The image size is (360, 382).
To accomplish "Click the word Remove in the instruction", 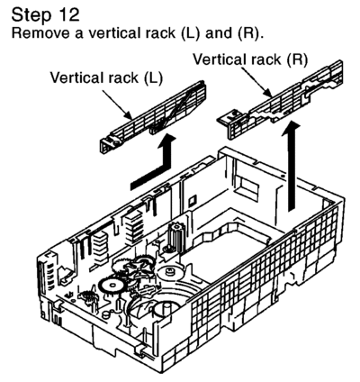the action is (40, 32).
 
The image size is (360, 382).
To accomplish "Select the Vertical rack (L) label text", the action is (106, 77).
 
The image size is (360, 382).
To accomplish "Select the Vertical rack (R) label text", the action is (250, 59).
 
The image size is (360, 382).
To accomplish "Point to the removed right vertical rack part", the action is (281, 100).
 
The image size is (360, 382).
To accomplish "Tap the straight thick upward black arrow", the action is (291, 166).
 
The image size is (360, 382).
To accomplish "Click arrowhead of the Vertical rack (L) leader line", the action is (130, 115).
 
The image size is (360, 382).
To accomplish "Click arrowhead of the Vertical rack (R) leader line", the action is (269, 95).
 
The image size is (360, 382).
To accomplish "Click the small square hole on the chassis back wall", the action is (193, 200).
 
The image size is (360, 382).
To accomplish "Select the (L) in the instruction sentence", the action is (191, 33).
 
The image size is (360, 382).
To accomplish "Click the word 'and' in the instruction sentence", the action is (219, 32).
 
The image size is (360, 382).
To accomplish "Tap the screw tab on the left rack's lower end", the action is (109, 142).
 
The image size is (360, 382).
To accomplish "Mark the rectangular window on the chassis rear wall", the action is (247, 187).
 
